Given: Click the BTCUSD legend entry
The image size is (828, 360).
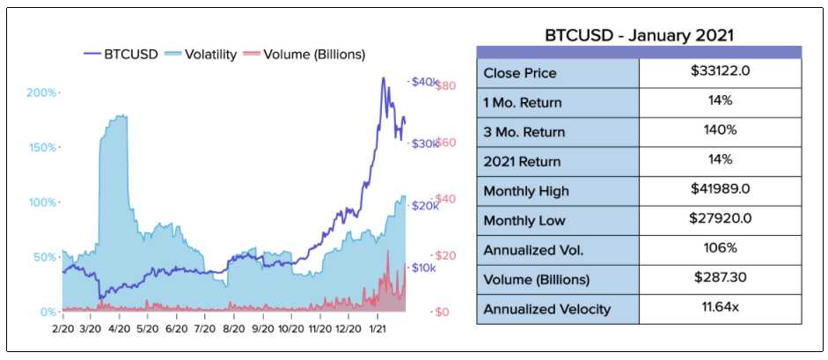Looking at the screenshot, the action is point(121,55).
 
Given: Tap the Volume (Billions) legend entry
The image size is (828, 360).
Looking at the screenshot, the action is point(304,55).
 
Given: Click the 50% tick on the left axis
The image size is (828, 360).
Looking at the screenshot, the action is point(44,257).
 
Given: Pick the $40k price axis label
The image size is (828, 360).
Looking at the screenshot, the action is point(423,82).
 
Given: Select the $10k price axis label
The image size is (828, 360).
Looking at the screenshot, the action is point(423,268).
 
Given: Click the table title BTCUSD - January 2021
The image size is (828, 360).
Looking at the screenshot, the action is point(639,36).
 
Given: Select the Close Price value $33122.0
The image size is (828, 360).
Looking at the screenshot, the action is point(721,71).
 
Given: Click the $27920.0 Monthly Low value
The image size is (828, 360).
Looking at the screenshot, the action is point(721,218).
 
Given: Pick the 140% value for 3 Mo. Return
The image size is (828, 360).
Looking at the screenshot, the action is point(721,130).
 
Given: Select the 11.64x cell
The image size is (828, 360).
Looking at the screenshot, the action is point(721,306).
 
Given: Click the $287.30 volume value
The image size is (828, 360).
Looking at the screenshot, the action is point(721,276).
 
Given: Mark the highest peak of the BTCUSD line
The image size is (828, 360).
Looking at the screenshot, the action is point(383,78).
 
